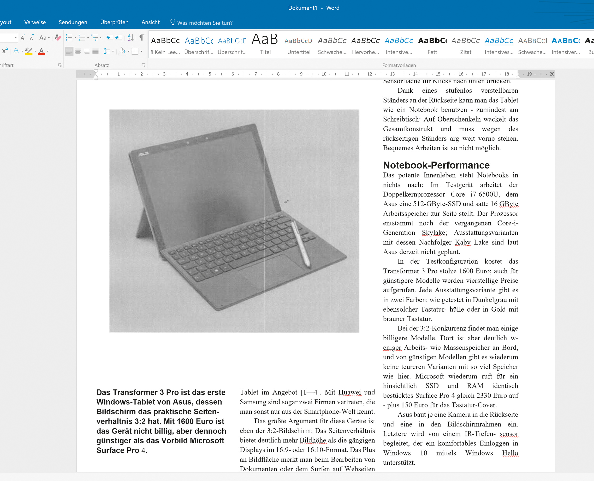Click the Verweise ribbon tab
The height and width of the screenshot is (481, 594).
[x=35, y=22]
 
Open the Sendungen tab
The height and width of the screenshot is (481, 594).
[x=73, y=22]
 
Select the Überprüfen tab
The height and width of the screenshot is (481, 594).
[x=114, y=22]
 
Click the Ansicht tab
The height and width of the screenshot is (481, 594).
[x=150, y=22]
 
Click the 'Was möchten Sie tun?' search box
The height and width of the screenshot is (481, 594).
[x=204, y=23]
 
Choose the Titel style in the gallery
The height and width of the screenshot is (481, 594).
[x=265, y=44]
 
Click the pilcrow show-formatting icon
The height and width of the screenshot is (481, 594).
[x=141, y=37]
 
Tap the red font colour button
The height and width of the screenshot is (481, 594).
[x=41, y=51]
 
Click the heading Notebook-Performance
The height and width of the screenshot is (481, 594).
[x=436, y=165]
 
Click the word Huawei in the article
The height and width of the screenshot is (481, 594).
[x=350, y=392]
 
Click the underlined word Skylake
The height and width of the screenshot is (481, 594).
[x=434, y=233]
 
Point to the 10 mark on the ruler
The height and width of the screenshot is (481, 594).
[x=324, y=74]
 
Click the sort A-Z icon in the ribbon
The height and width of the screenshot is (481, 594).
[x=130, y=37]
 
